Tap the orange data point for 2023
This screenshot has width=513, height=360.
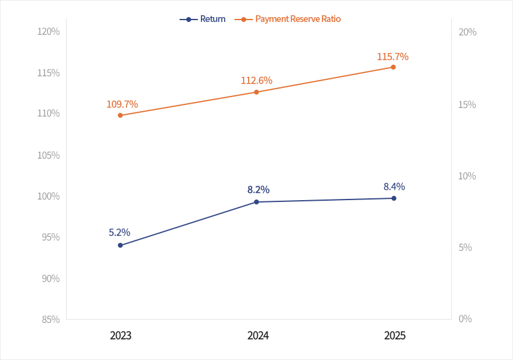pos(120,115)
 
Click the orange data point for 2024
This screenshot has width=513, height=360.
pos(256,92)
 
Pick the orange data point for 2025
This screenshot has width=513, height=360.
pos(393,67)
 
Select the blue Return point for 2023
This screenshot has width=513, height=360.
pos(120,245)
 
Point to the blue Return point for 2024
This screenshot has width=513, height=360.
pos(256,202)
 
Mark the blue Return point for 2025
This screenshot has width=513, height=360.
pos(394,198)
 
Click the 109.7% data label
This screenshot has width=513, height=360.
pos(122,104)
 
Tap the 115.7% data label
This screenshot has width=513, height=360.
pos(393,57)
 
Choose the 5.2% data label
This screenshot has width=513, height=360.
pos(120,232)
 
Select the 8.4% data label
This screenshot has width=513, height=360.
pos(394,187)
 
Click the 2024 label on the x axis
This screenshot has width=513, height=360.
pos(258,336)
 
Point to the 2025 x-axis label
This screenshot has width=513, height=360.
pos(395,336)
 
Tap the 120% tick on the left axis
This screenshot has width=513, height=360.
pos(48,31)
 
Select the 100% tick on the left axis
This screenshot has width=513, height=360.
pos(48,196)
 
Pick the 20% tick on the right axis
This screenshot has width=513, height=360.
pos(467,32)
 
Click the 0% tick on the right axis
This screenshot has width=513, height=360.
pos(465,319)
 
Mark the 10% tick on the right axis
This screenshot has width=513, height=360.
pos(467,176)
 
